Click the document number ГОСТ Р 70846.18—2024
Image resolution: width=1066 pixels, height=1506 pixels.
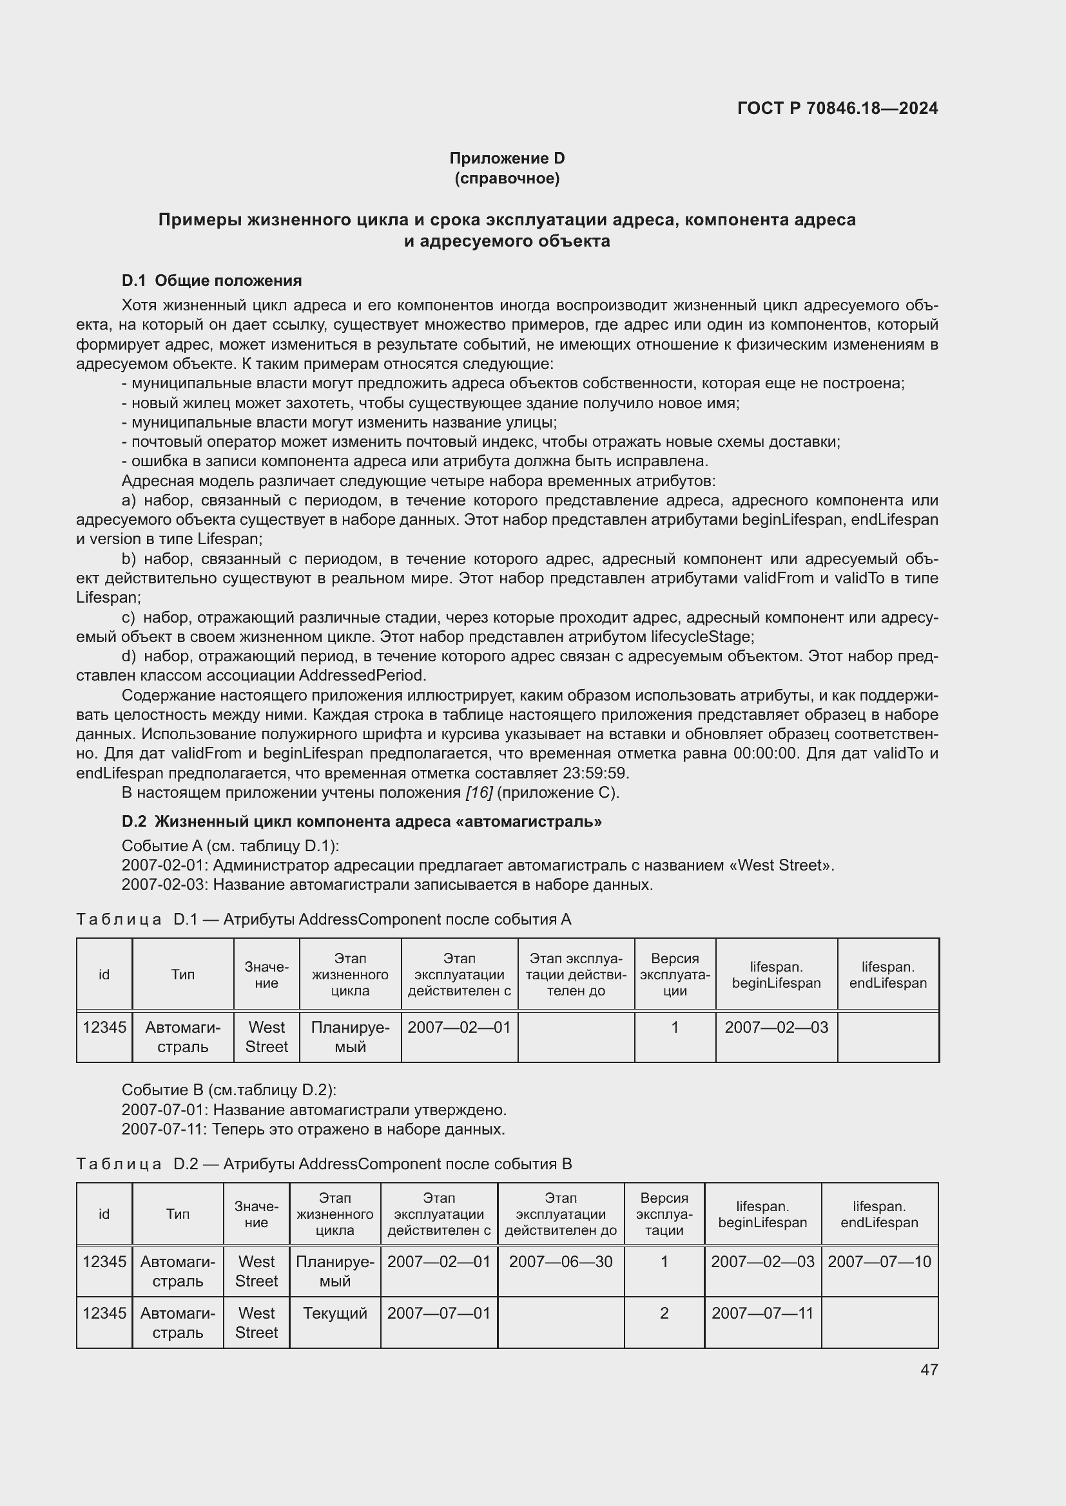click(x=837, y=108)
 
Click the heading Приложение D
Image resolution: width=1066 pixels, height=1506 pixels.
click(x=507, y=158)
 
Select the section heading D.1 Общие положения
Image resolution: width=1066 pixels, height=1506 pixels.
click(x=211, y=281)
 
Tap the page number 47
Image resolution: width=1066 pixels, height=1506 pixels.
click(x=929, y=1369)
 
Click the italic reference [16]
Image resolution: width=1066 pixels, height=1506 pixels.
click(x=478, y=793)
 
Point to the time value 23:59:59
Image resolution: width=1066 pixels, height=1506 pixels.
click(x=596, y=773)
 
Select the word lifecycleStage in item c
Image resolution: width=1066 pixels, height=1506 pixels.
click(x=702, y=636)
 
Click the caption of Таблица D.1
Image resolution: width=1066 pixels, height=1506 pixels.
click(x=324, y=919)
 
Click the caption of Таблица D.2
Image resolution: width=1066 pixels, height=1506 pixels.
click(x=324, y=1163)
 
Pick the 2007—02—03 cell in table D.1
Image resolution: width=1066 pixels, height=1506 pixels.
click(x=776, y=1027)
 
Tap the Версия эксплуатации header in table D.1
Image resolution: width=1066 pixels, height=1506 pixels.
click(x=675, y=975)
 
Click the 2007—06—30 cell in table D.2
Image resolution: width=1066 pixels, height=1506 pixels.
click(x=561, y=1261)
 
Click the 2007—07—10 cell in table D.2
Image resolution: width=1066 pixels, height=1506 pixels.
click(x=879, y=1261)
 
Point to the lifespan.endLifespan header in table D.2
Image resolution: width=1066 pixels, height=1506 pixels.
click(x=879, y=1214)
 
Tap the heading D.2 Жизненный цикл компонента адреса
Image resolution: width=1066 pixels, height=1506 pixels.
click(x=362, y=821)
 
